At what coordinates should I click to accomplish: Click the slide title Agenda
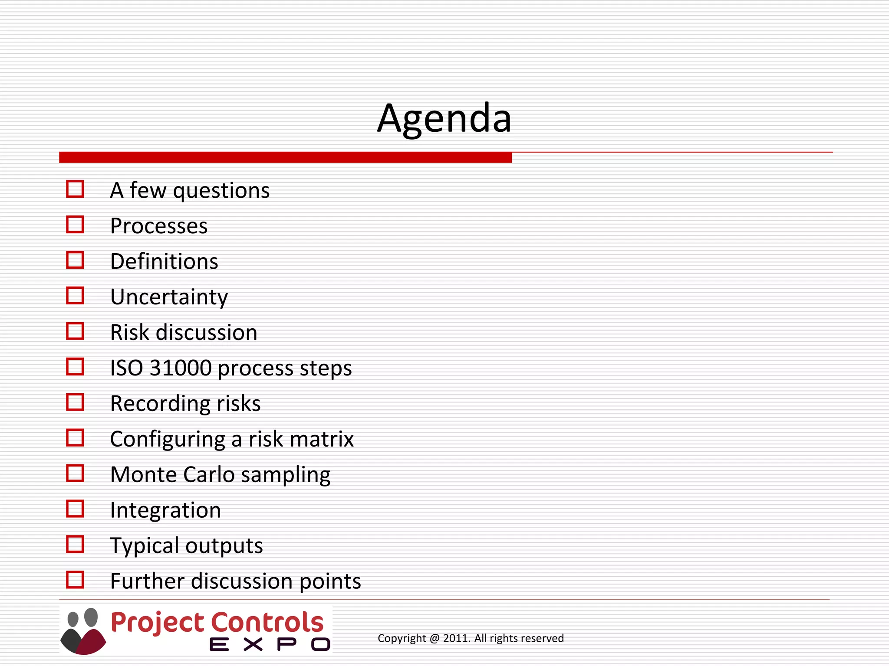coord(444,118)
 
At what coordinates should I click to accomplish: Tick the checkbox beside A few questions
coord(75,189)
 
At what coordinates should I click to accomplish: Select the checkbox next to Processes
coord(75,225)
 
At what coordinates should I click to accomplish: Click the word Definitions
coord(164,261)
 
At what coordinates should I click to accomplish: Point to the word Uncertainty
coord(169,297)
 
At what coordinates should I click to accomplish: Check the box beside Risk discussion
coord(75,331)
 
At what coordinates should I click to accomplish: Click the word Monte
coord(143,475)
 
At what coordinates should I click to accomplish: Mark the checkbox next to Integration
coord(75,509)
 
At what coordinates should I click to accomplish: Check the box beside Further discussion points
coord(75,580)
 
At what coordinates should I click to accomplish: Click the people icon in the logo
coord(83,631)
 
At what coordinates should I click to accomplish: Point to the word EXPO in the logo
coord(270,644)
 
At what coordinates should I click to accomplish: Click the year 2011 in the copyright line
coord(455,638)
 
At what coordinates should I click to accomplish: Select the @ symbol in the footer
coord(434,638)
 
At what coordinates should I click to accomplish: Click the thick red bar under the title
coord(285,157)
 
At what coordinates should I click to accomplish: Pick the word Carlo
coord(209,475)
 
